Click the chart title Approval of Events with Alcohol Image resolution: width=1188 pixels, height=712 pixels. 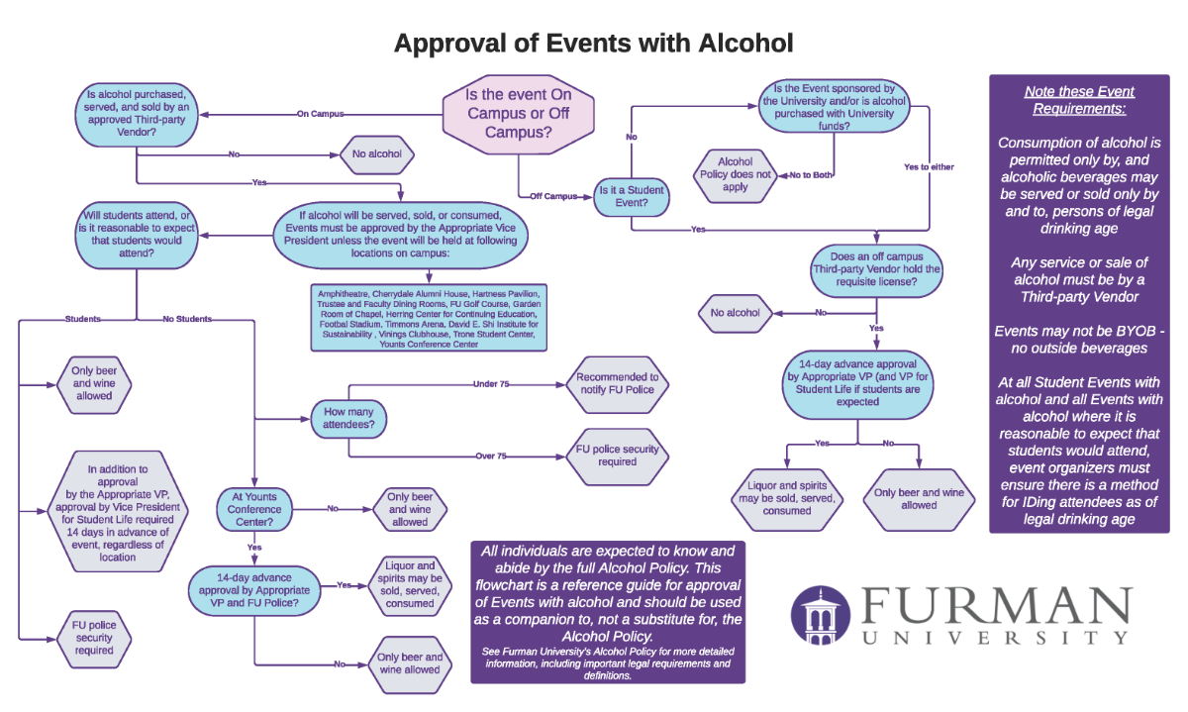click(593, 44)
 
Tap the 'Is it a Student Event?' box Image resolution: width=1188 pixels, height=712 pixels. click(631, 196)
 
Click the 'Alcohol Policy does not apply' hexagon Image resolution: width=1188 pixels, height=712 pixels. click(735, 175)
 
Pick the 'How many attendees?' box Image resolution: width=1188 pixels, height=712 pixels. click(348, 416)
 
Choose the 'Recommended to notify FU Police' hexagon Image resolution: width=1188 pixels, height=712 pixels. click(617, 383)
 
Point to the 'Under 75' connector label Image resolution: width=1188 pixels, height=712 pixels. click(491, 383)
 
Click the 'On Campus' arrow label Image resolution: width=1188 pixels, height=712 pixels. click(320, 114)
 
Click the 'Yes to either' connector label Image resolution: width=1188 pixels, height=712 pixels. click(929, 166)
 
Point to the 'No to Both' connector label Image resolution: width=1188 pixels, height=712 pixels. click(811, 175)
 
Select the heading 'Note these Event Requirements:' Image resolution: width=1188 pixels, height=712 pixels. click(1079, 100)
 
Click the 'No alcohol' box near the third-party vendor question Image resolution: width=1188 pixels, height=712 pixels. click(736, 313)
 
